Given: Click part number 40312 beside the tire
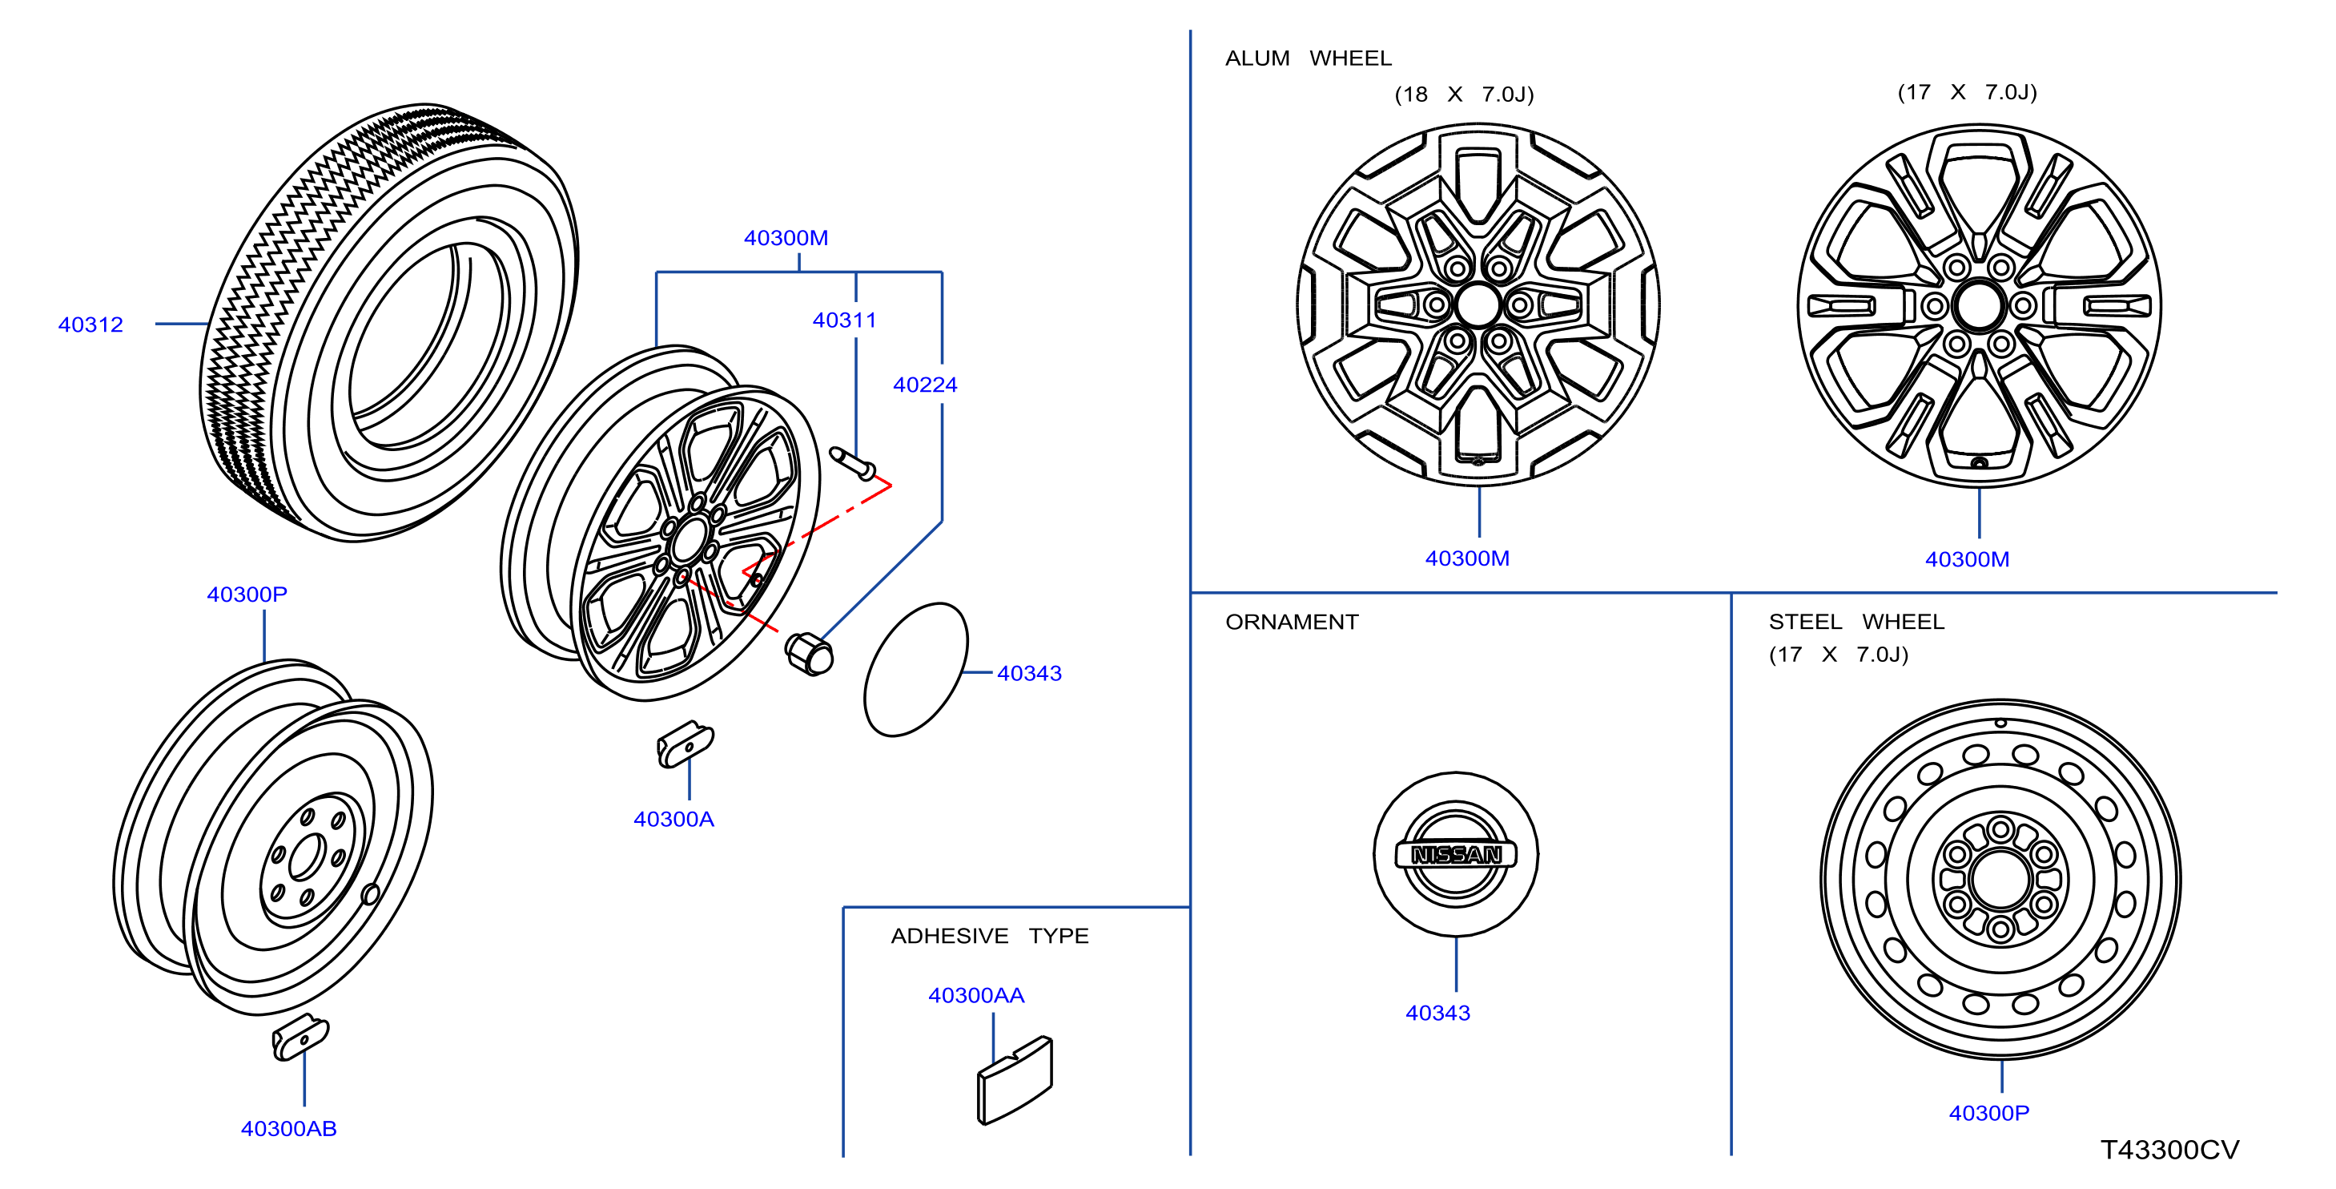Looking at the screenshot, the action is (90, 324).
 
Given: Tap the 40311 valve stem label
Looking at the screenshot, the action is (844, 320).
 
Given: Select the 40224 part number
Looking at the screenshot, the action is (925, 385).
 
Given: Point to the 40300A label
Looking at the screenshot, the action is (673, 819).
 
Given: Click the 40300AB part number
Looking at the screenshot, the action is (288, 1128).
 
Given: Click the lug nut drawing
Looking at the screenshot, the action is (809, 653).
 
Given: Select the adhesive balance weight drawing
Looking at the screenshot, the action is (1015, 1080).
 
